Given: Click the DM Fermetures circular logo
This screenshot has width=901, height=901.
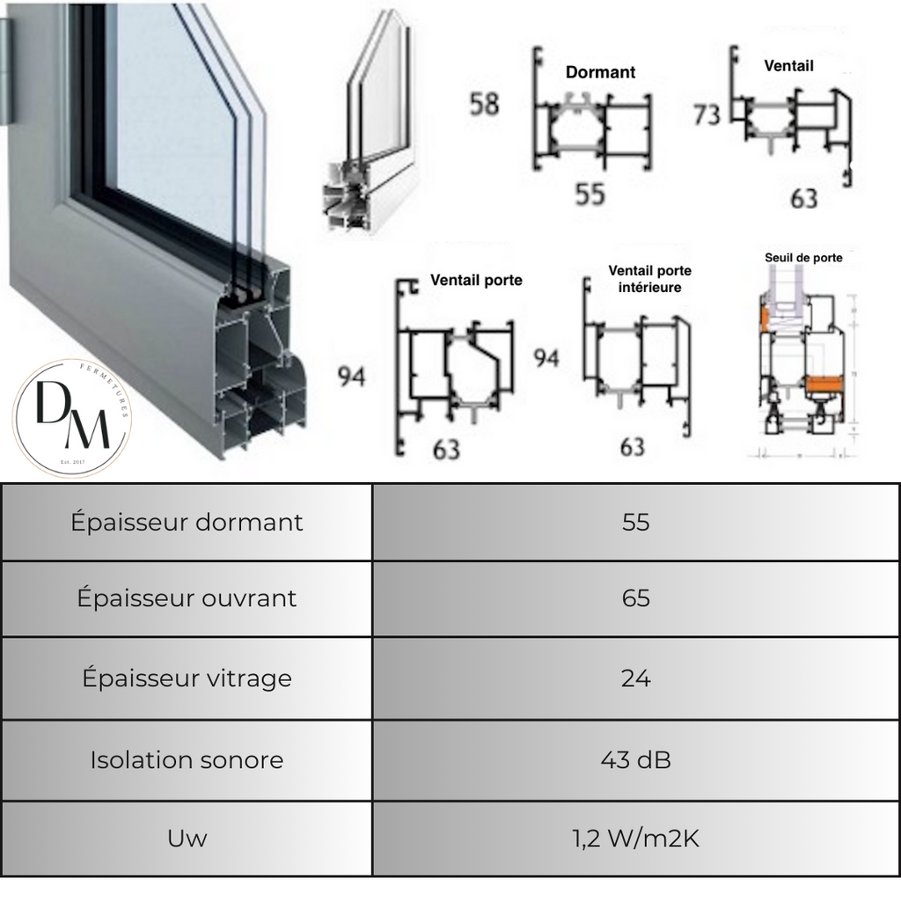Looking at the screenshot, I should point(73,418).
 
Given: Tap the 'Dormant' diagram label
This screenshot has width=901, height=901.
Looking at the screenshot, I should point(600,72).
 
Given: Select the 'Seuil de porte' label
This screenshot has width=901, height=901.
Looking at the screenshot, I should point(802,258).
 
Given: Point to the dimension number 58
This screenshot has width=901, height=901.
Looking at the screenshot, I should point(484,104).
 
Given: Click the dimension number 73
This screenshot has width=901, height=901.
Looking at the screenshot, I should point(707,114).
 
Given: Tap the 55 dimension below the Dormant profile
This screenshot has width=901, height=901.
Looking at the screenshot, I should point(590,194).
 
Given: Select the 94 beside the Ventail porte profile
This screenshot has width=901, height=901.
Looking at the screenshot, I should point(352,377).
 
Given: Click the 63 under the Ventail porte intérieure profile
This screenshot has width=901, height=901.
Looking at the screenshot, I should point(632,447).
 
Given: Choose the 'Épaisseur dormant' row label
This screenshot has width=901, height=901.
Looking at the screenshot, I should point(187,522).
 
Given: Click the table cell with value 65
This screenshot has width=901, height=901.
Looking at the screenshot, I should point(635,598).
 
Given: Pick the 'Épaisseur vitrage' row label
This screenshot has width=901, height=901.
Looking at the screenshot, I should point(187,678).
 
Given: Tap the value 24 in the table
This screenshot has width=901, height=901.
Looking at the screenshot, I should point(635,678).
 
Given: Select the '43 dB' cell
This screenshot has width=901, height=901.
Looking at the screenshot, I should point(635,759).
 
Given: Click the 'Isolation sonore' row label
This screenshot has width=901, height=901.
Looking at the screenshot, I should point(187,759).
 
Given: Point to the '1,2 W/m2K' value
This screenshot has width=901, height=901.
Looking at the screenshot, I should point(635,839).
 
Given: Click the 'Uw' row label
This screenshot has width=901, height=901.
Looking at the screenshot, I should point(187,839).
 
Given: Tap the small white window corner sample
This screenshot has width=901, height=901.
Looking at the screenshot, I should point(370,132).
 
